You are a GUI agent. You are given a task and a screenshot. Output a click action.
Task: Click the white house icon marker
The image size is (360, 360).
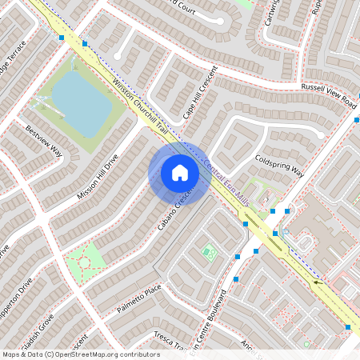pyautogui.click(x=180, y=173)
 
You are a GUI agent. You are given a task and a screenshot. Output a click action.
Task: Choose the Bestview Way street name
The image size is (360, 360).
pyautogui.click(x=44, y=139)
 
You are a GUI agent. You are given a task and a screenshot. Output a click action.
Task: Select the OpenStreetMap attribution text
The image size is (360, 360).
pyautogui.click(x=80, y=354)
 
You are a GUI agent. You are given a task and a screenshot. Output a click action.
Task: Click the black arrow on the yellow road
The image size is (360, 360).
pyautogui.click(x=319, y=282)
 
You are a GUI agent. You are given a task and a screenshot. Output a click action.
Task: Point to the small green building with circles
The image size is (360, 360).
pyautogui.click(x=210, y=253)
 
